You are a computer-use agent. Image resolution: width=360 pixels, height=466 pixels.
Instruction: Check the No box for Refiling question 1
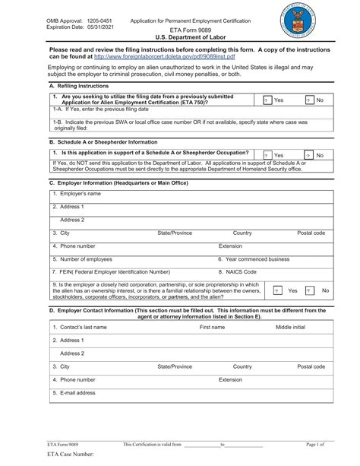(x=309, y=100)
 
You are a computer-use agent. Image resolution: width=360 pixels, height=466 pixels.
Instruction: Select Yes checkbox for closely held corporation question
(x=277, y=290)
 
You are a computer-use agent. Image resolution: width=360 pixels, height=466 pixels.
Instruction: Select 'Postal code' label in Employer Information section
(x=311, y=233)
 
